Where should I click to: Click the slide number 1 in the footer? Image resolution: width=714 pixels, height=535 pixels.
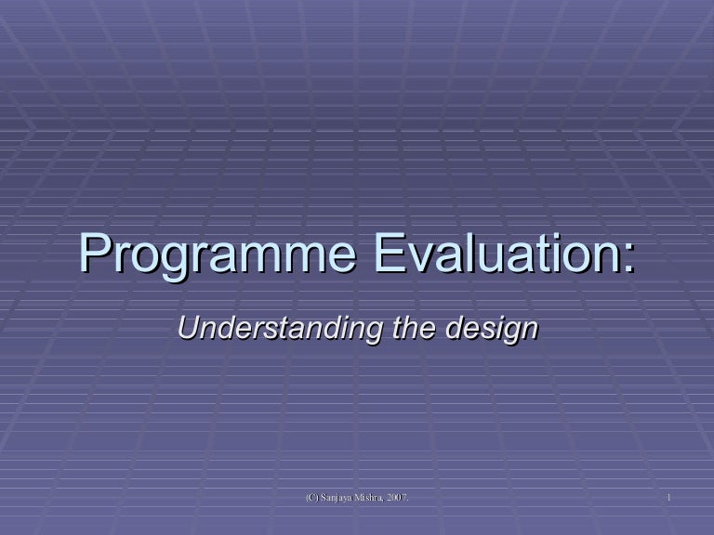tap(668, 501)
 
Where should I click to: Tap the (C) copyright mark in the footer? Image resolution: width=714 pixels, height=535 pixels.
tap(312, 501)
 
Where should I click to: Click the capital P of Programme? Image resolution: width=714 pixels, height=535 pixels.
tap(94, 253)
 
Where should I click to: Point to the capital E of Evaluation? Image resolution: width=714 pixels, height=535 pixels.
tap(389, 253)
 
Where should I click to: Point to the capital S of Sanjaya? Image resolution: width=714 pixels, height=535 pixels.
tap(324, 501)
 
